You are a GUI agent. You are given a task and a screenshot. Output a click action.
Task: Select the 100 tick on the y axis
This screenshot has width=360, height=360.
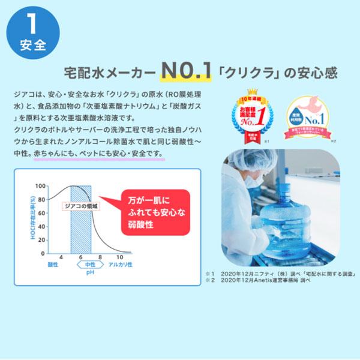41,185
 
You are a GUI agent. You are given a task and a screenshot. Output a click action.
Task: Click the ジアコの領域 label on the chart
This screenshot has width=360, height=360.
80,206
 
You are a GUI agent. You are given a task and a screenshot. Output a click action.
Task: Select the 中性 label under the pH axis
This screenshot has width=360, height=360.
91,265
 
